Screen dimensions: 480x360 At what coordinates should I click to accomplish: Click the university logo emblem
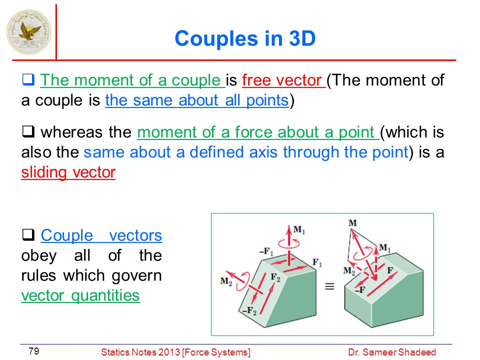(x=29, y=31)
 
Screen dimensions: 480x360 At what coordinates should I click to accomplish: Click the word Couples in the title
(x=216, y=39)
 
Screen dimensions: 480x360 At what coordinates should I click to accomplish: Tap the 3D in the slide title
(x=302, y=38)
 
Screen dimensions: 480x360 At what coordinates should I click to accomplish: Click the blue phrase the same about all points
(x=197, y=100)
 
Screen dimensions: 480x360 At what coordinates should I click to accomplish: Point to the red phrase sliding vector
(x=68, y=172)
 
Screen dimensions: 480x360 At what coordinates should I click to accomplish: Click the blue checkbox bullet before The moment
(x=28, y=79)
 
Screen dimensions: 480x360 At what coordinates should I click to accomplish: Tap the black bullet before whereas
(x=28, y=131)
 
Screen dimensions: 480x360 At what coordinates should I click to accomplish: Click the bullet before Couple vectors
(x=28, y=234)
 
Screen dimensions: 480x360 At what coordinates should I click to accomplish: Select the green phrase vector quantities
(x=80, y=295)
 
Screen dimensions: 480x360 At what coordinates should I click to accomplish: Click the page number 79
(x=33, y=351)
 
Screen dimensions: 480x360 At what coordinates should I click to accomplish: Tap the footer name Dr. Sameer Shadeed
(x=392, y=352)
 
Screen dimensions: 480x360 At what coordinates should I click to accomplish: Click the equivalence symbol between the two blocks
(x=329, y=286)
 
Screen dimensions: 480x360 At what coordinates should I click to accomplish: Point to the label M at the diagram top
(x=352, y=223)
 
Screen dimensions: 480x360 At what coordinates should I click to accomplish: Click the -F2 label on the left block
(x=249, y=310)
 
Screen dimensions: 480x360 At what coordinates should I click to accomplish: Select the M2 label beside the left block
(x=226, y=281)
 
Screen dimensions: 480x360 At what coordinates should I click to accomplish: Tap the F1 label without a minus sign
(x=317, y=262)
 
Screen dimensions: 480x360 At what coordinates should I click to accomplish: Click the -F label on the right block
(x=360, y=289)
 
